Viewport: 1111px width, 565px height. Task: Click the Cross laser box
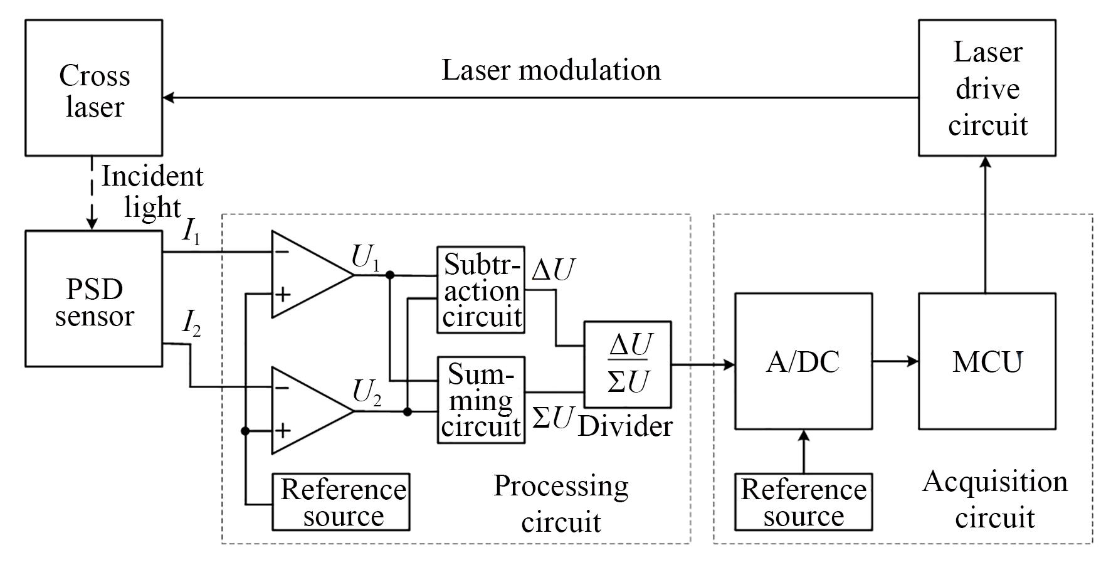pos(94,88)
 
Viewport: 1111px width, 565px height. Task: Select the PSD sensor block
pos(94,298)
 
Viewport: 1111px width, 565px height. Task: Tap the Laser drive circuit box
pos(987,88)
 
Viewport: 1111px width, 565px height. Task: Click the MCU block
pos(987,361)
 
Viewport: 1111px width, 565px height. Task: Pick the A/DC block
pos(803,361)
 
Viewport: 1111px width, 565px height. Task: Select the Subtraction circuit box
pos(481,290)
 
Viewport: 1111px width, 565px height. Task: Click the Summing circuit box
pos(481,400)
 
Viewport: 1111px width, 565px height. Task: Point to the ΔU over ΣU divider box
pos(628,364)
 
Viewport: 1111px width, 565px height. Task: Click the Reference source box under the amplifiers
pos(341,502)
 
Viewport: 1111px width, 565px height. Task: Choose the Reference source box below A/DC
pos(803,502)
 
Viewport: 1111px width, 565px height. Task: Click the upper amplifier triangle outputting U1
pos(307,274)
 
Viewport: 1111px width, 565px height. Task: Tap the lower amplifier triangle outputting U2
pos(307,411)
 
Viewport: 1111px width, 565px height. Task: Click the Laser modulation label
pos(551,70)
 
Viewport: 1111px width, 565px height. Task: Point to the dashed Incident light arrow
pos(92,193)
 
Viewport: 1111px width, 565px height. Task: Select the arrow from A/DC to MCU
pos(895,361)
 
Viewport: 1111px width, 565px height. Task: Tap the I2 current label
pos(191,324)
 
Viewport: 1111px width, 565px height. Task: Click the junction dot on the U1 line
pos(390,275)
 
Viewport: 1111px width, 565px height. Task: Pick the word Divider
pos(625,426)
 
